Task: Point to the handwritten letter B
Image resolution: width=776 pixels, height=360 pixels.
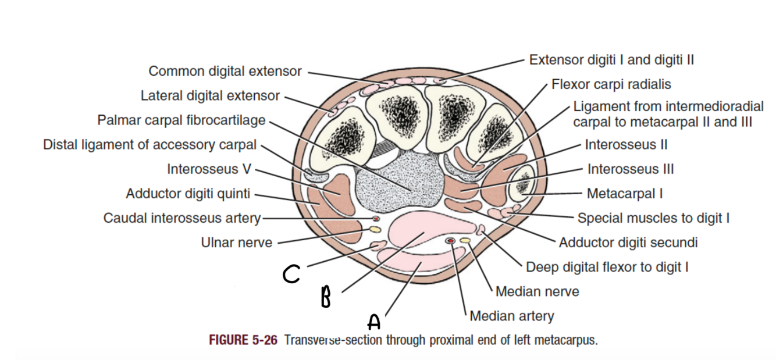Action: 326,297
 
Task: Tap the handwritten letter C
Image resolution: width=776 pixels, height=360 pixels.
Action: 291,274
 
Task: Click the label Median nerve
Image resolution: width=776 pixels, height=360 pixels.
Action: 537,291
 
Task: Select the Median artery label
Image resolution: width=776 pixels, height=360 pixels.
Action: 511,316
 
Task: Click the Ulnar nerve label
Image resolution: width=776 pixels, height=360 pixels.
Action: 236,243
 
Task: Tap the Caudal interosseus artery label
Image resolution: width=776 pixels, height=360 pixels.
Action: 182,218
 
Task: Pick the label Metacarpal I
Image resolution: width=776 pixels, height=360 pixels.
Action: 624,193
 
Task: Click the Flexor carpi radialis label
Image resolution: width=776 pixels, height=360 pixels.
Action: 611,85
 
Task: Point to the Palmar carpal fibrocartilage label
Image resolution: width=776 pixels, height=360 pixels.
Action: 181,120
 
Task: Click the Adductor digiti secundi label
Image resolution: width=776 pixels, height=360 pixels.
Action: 628,243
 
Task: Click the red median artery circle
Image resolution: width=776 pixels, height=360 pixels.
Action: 450,241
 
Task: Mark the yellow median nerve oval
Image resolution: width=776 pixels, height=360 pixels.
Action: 465,240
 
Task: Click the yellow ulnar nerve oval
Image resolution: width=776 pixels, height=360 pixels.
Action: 376,230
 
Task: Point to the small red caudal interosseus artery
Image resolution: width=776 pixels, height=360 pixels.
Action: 376,219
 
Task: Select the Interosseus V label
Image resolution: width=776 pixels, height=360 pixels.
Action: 209,169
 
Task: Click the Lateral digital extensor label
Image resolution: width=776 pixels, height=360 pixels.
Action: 210,95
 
